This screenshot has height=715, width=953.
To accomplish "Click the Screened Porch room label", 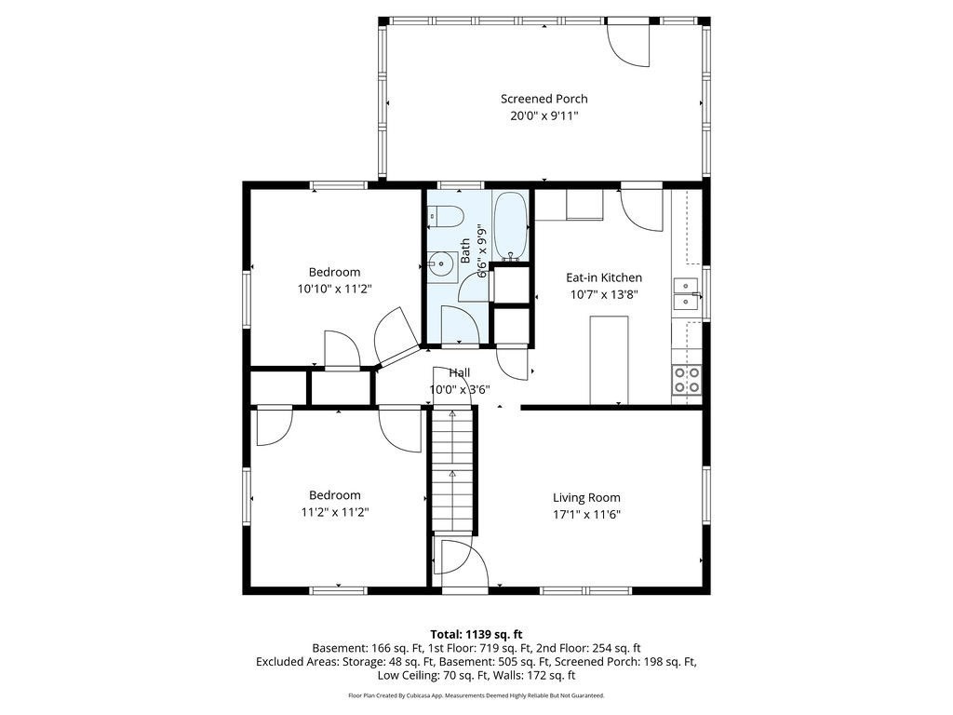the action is point(544,99).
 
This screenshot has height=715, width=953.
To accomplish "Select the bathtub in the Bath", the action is point(510,225).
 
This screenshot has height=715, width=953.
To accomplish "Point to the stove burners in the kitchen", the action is point(686,380).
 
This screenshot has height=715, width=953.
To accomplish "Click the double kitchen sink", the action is point(686,293).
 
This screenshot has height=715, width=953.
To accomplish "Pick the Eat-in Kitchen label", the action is point(604,277).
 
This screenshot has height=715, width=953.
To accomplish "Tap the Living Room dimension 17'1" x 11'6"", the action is point(586,514).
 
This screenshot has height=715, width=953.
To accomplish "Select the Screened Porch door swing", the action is point(629,44).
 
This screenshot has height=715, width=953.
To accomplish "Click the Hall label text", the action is point(460,372).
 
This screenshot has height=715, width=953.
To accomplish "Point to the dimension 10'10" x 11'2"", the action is point(334,290).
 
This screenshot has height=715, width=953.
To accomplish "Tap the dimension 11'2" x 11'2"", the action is point(335,512).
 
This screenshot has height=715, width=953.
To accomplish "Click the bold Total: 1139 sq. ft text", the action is point(476,635).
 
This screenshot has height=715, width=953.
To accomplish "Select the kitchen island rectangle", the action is point(609,360).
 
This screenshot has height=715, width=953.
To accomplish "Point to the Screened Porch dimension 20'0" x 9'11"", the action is point(544,115).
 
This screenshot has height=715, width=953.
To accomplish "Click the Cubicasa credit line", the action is point(476,695).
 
